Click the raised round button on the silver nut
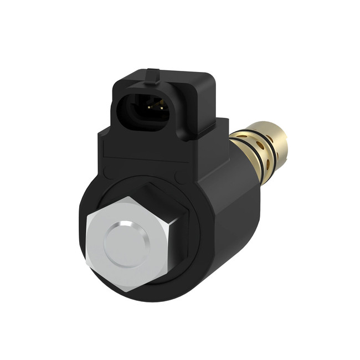(x=127, y=243)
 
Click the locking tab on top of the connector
(x=152, y=74)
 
